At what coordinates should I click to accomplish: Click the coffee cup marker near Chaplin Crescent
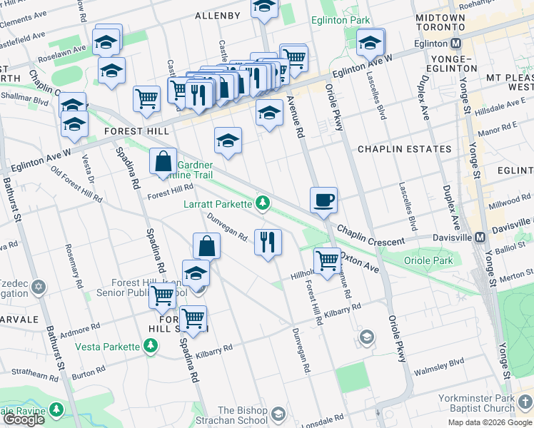click(x=324, y=200)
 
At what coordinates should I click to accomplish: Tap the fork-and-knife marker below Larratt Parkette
click(x=268, y=242)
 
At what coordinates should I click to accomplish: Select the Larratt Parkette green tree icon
click(x=263, y=204)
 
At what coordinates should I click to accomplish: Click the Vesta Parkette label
click(x=108, y=347)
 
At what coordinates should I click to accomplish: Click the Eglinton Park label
click(x=340, y=21)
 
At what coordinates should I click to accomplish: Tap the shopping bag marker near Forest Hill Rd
click(x=163, y=160)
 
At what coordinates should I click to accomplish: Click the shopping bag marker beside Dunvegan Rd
click(x=206, y=245)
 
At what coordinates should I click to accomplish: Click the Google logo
click(x=24, y=419)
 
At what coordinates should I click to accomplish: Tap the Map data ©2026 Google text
click(x=490, y=422)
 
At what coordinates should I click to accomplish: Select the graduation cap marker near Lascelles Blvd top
click(x=371, y=42)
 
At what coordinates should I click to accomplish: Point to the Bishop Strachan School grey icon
click(x=278, y=414)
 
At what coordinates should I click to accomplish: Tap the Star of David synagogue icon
click(x=39, y=287)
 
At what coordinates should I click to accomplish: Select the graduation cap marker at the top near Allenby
click(x=265, y=8)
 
